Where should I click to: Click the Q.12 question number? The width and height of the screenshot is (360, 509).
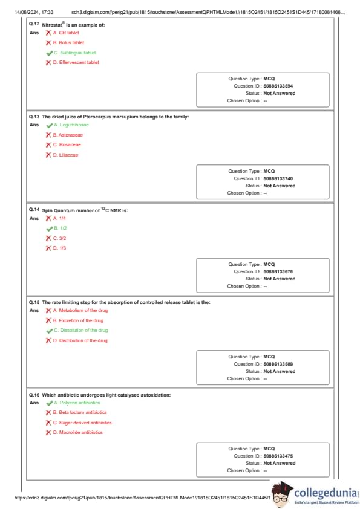point(34,24)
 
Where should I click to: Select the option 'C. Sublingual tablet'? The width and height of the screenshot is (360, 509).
point(75,53)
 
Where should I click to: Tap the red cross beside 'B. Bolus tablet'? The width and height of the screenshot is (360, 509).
point(48,42)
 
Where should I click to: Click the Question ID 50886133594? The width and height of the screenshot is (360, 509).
point(278,86)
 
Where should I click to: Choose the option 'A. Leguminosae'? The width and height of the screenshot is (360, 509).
point(71,125)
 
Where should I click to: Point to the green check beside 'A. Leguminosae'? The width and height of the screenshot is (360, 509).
point(50,125)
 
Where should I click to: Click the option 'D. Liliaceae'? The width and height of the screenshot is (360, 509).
point(65,155)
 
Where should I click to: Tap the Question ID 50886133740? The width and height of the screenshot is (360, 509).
point(278,178)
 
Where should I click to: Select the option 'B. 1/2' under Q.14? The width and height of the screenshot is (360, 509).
point(60,229)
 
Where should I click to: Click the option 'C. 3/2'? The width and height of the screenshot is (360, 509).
point(59,238)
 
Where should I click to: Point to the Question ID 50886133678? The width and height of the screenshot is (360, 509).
point(278,271)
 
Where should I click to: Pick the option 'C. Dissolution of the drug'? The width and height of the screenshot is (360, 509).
point(81,331)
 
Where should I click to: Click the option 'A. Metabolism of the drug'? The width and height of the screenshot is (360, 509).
point(80,310)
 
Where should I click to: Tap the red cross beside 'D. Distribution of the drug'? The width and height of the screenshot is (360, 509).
point(48,340)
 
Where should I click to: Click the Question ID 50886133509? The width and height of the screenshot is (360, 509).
point(278,365)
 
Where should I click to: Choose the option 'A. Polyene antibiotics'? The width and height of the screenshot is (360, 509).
point(77,403)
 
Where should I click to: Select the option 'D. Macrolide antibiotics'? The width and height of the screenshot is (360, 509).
point(77,432)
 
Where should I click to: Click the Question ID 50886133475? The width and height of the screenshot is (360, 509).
point(278,456)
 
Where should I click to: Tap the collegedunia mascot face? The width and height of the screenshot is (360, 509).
point(281,494)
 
